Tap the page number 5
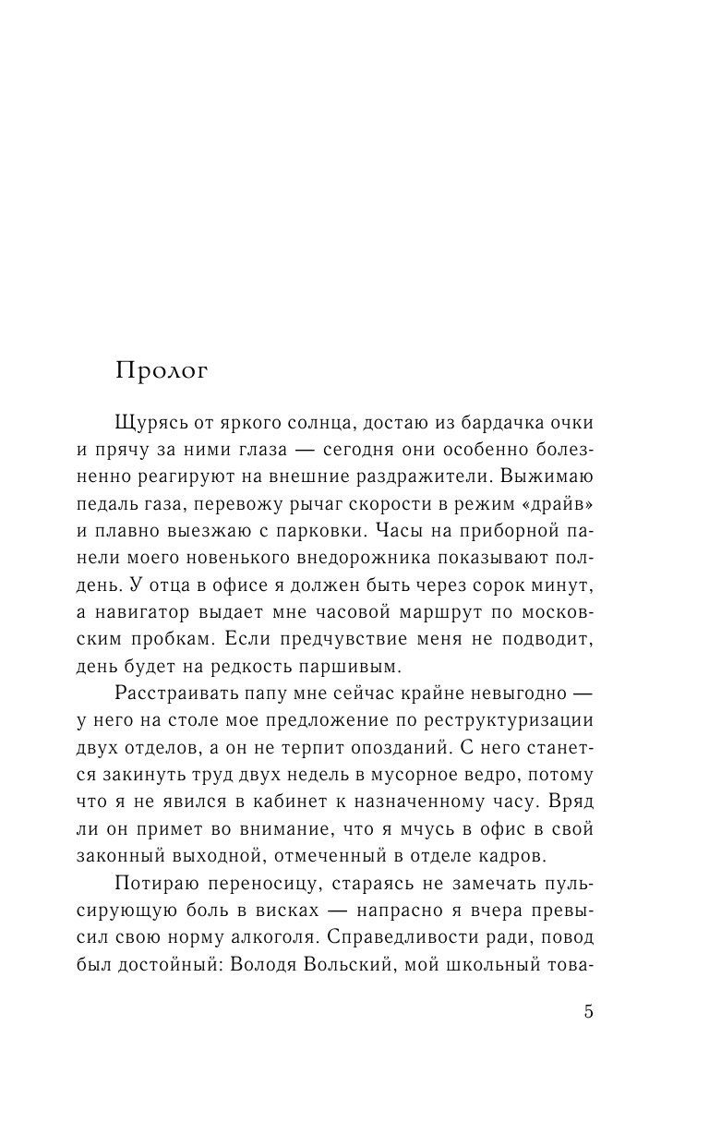tap(588, 1011)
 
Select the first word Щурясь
tap(150, 423)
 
